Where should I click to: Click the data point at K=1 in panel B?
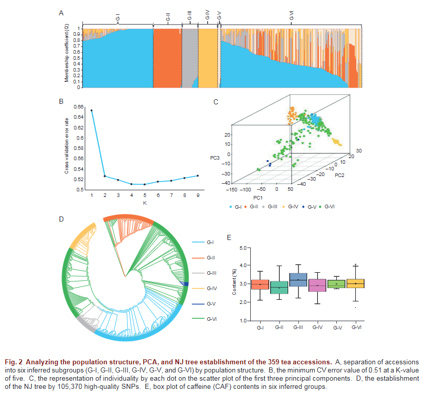(92, 110)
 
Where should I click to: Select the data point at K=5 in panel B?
(145, 184)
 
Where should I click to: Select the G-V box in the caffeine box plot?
(336, 283)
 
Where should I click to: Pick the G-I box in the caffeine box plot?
(260, 284)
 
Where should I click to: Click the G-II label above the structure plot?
(168, 19)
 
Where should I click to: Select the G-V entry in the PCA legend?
(309, 206)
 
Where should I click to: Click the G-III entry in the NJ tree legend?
(212, 273)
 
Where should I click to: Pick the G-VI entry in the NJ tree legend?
(212, 319)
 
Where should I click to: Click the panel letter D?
(62, 219)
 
